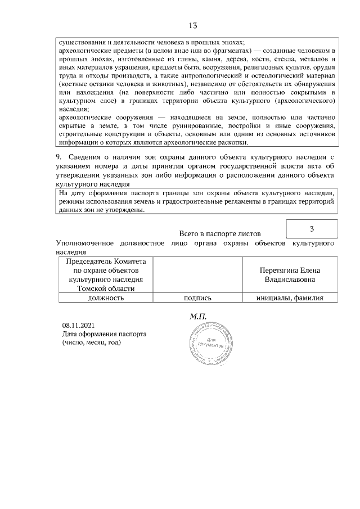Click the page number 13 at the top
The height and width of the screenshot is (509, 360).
click(x=192, y=25)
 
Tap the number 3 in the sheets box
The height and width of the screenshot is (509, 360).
click(x=312, y=229)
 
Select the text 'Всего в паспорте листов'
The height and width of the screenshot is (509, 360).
click(x=220, y=233)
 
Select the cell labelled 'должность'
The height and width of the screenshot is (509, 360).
click(x=106, y=298)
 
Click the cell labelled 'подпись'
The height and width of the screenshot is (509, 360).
click(x=197, y=298)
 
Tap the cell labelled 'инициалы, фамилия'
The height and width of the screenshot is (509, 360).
click(x=290, y=298)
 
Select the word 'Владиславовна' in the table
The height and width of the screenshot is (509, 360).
click(x=290, y=279)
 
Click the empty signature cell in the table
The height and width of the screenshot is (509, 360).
click(x=197, y=275)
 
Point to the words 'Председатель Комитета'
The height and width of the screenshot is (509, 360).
click(x=106, y=262)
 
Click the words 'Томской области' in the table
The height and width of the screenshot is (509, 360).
click(x=106, y=288)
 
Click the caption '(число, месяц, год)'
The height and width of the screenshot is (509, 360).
click(x=91, y=342)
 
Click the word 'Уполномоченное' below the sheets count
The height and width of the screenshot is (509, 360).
click(x=83, y=244)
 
